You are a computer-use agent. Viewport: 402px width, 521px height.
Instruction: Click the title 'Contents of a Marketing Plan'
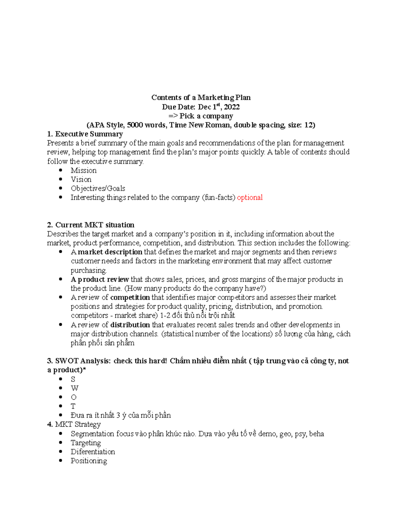(201, 98)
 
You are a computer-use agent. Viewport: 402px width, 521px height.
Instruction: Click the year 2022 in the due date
(232, 107)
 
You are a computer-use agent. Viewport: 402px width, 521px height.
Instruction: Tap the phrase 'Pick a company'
(206, 116)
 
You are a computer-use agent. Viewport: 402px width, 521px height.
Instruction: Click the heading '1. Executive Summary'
(85, 134)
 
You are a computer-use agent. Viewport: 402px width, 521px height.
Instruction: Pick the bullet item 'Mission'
(83, 170)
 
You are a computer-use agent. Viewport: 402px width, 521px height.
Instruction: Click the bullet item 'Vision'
(81, 179)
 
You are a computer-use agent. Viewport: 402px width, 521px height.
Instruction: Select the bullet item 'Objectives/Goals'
(98, 189)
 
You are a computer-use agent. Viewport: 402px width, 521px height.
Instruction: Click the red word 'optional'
(250, 198)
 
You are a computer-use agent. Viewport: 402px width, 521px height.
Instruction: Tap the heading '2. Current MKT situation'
(91, 225)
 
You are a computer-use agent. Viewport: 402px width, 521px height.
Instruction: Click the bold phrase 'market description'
(110, 252)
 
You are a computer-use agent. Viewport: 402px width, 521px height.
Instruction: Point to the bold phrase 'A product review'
(100, 279)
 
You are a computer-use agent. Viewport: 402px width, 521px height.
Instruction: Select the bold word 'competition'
(130, 298)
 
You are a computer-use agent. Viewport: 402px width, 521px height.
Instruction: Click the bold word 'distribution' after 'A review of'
(130, 325)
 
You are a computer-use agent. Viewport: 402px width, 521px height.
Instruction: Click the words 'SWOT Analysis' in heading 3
(82, 361)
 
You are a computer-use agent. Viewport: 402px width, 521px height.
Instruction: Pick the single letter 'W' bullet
(74, 388)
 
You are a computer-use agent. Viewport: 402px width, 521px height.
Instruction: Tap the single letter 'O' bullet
(74, 398)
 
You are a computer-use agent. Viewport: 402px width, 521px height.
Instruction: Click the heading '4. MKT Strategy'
(74, 424)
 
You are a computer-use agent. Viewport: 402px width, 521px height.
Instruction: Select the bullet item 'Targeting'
(86, 443)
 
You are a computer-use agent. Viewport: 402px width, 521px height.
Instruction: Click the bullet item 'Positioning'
(89, 461)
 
